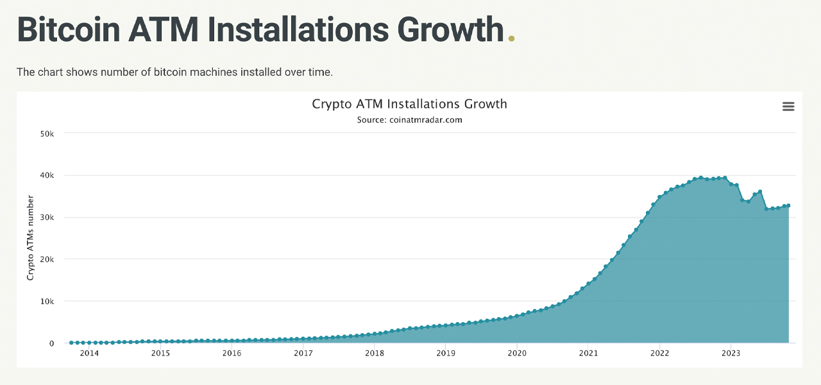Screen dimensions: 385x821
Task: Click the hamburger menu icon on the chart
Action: [x=788, y=107]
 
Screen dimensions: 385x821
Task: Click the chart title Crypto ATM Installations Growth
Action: [x=409, y=104]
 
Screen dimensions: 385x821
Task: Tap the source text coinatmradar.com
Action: [x=409, y=120]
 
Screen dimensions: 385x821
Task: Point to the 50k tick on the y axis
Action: [x=47, y=133]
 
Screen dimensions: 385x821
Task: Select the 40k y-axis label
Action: [x=47, y=175]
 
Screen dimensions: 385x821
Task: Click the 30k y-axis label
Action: [x=47, y=218]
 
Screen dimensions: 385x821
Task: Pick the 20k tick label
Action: [x=47, y=259]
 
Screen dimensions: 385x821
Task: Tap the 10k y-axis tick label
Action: [x=47, y=301]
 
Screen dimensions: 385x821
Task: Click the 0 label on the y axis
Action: [x=52, y=343]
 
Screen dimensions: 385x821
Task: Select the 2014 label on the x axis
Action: [x=89, y=354]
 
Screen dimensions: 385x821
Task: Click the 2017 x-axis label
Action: [x=303, y=354]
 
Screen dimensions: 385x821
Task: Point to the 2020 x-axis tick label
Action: [x=517, y=354]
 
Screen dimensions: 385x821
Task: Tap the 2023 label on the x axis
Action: [x=731, y=354]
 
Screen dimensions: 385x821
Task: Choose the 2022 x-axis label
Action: [x=660, y=354]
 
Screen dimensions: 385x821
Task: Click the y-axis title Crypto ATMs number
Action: [x=30, y=238]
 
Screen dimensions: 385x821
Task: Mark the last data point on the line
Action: [x=788, y=205]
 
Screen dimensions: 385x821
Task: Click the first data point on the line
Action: [x=71, y=343]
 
